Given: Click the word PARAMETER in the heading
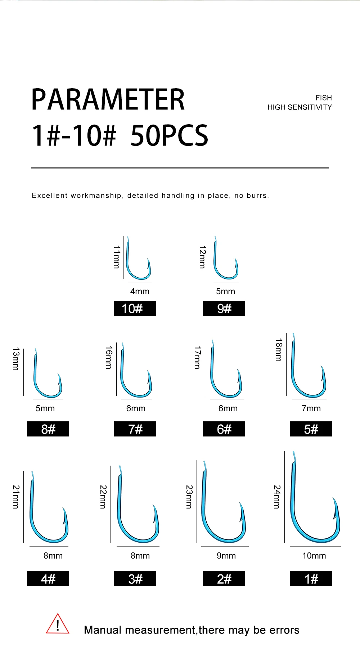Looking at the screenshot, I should [108, 99].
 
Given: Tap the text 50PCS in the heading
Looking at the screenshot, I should [169, 135].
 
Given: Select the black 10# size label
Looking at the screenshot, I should [135, 308].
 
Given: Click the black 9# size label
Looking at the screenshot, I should [224, 308].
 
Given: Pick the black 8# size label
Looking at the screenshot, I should [48, 429].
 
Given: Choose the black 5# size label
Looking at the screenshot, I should [311, 429].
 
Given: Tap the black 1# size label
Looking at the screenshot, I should [311, 579].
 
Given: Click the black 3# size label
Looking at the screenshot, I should [135, 579].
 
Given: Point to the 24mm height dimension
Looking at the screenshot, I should [277, 497].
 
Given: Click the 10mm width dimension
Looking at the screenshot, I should [314, 556].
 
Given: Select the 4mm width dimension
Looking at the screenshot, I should [140, 291].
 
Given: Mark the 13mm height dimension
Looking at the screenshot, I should [16, 359].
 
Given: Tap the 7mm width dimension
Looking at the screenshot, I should [311, 408].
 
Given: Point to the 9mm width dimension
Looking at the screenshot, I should [226, 556].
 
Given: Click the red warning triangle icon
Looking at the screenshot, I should [58, 624].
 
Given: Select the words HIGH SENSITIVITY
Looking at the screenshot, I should [300, 107].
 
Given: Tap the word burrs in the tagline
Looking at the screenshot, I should [257, 196].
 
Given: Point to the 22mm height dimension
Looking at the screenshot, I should [103, 497].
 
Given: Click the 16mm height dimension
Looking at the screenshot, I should [109, 357].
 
